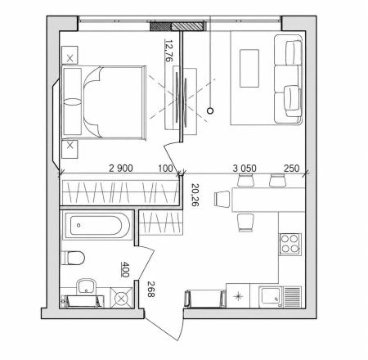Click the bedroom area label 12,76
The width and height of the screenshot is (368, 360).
169,51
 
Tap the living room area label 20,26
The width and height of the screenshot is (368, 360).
195,195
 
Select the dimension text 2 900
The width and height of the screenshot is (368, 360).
121,168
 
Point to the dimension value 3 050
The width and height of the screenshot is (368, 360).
245,168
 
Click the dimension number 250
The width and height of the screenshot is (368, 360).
291,168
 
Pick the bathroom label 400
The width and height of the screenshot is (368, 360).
125,269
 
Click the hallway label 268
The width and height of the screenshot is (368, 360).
151,289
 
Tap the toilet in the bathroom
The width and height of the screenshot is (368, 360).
73,258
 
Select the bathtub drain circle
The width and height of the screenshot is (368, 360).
79,225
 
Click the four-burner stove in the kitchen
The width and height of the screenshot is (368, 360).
289,244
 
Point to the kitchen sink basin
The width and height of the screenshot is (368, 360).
270,297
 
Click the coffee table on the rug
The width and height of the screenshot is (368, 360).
249,68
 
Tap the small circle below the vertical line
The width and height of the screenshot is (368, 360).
210,110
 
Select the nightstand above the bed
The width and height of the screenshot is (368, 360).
70,56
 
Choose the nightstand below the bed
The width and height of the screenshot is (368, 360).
70,149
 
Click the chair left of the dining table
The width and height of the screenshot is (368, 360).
222,199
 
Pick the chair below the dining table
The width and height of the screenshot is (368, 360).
245,223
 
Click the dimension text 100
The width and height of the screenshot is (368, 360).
165,168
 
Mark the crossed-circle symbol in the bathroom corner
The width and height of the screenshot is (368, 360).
121,299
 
